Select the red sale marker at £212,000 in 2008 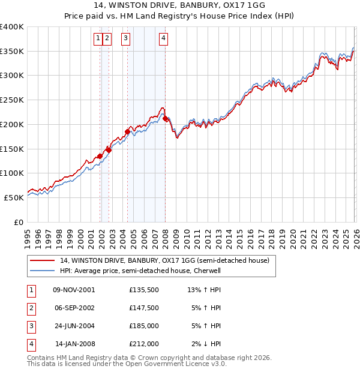point(165,119)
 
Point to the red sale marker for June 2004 point(127,131)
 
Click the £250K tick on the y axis point(12,100)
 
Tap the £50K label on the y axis point(13,197)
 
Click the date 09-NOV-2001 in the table point(74,290)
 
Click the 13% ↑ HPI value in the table point(204,290)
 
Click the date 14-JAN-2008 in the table point(74,344)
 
